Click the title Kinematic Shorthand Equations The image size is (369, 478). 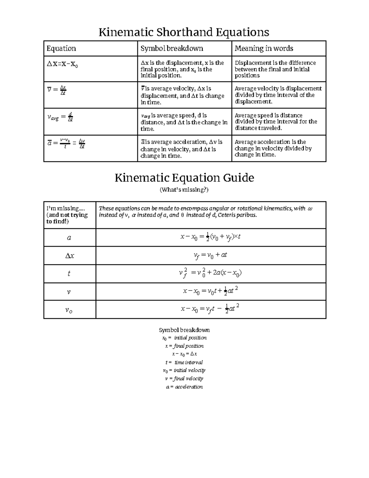[184, 32]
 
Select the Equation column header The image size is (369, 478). [61, 49]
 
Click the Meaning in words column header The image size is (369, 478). [264, 49]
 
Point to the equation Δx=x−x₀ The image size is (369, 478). [62, 64]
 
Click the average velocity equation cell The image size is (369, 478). [57, 90]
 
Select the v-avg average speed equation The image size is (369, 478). [60, 117]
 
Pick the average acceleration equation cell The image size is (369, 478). [66, 143]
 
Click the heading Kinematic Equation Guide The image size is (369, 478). [184, 178]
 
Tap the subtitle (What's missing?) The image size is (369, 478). [184, 190]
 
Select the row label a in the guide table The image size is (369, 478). [69, 238]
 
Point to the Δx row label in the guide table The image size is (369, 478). [69, 256]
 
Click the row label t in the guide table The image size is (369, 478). [69, 274]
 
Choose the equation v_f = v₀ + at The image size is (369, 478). [210, 255]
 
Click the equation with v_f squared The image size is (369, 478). [210, 273]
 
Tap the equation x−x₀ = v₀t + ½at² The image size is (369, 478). [210, 291]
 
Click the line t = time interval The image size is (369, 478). [184, 363]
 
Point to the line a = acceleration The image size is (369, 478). [184, 387]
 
